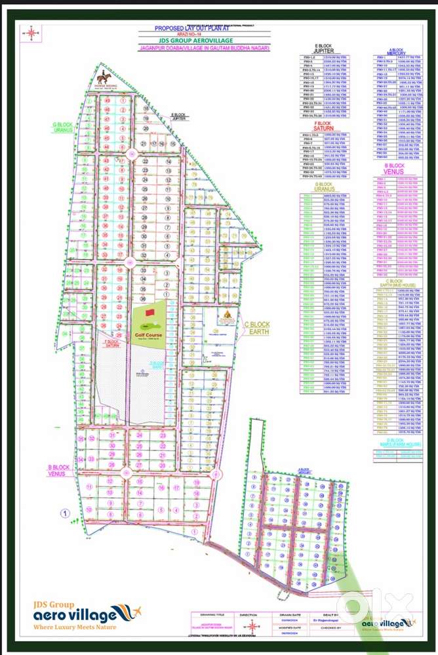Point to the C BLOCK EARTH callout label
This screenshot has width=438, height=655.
[x=257, y=328]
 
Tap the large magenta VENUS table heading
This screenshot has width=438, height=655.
[x=395, y=172]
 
